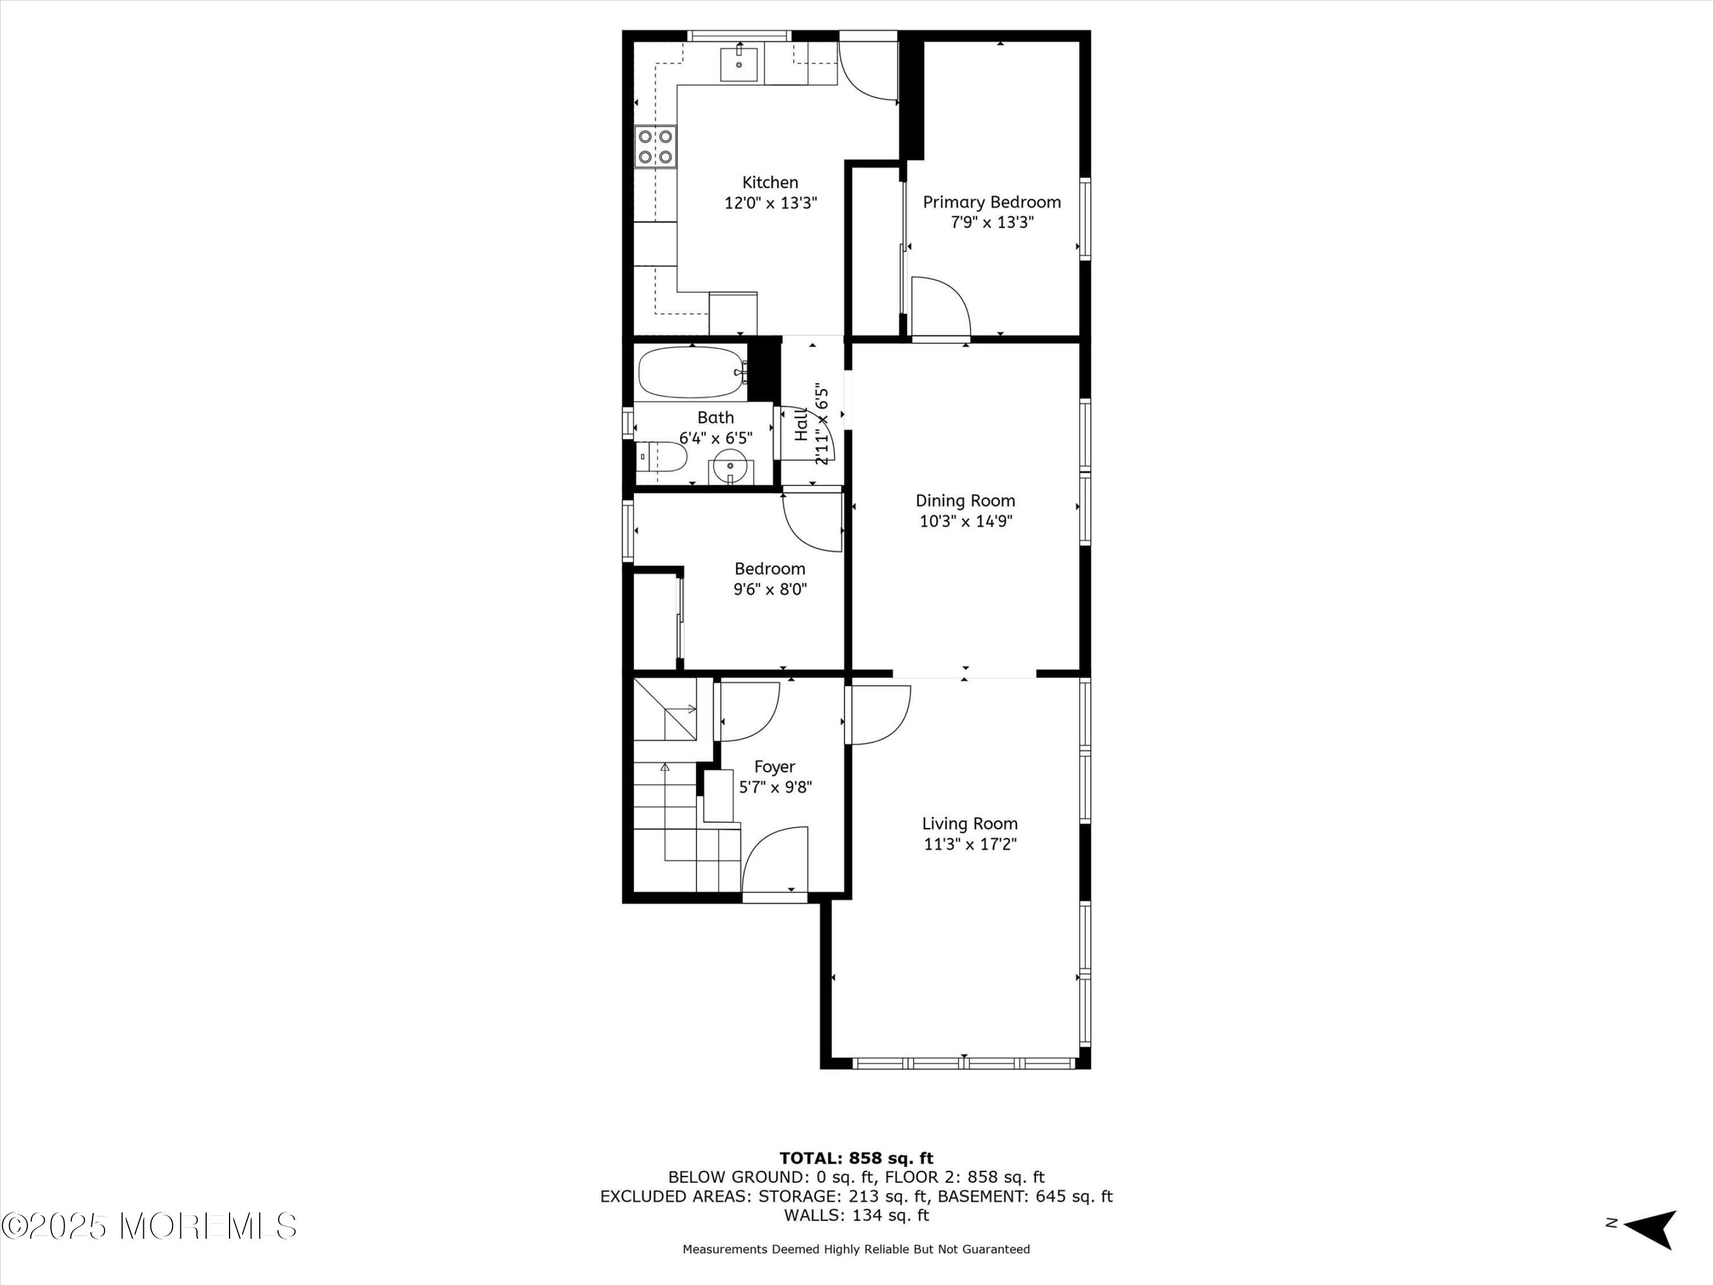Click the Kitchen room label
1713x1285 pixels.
(x=770, y=183)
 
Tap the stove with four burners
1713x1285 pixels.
(x=655, y=146)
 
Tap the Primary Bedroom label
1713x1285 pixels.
(x=991, y=202)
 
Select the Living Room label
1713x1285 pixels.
(x=970, y=824)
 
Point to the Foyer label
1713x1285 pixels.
(x=774, y=767)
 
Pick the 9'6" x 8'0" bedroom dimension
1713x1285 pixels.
(x=770, y=589)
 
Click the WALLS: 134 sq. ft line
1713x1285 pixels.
(x=856, y=1215)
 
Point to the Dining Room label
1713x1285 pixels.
(x=966, y=501)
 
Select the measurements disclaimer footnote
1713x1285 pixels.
(x=856, y=1248)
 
